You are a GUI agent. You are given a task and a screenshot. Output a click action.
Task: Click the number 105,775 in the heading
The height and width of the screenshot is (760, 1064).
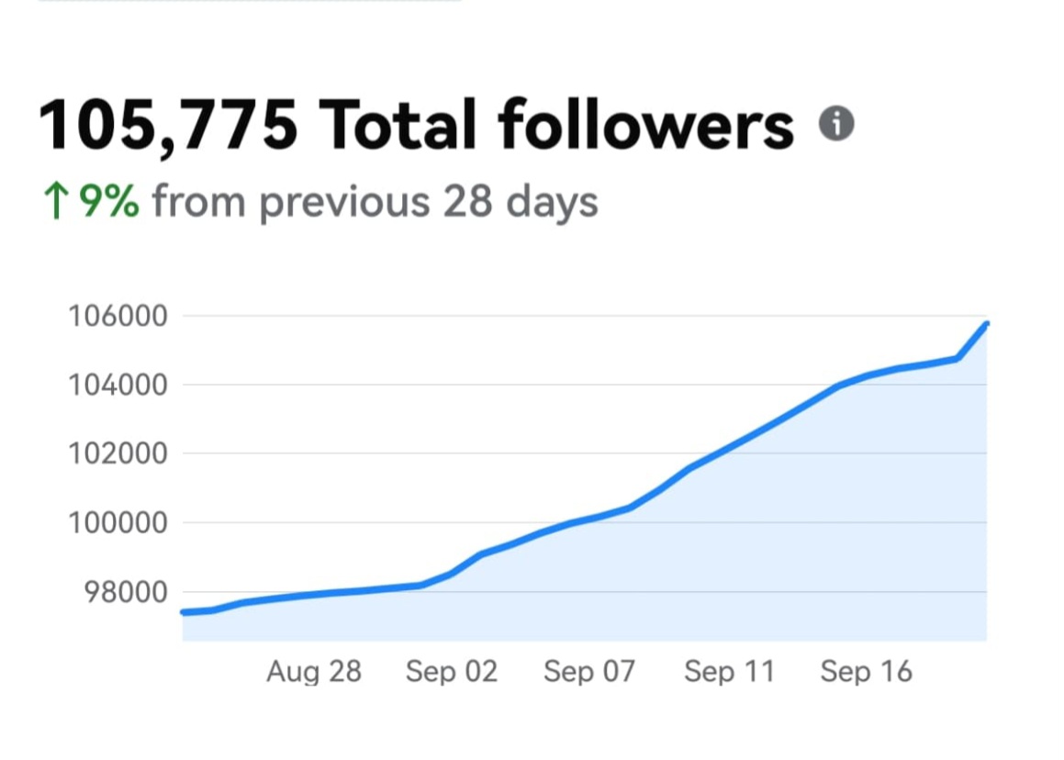click(x=168, y=125)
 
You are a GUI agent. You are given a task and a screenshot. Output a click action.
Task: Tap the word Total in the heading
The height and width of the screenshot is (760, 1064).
click(x=397, y=125)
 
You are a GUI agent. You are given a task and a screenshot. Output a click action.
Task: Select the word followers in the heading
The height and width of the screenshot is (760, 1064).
click(x=646, y=125)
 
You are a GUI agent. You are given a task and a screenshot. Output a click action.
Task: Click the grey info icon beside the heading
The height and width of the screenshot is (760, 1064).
click(x=836, y=123)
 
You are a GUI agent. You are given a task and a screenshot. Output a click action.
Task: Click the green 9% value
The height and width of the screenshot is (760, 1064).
click(x=108, y=201)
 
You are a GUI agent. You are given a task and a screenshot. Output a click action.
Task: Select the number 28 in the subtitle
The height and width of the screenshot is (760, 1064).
click(x=468, y=201)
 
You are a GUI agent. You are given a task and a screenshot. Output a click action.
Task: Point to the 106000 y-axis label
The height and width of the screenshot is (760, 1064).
click(x=118, y=317)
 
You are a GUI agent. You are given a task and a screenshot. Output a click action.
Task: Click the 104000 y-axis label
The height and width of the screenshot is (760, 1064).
click(x=118, y=386)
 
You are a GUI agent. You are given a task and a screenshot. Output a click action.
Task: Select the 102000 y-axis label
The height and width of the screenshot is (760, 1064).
click(x=118, y=454)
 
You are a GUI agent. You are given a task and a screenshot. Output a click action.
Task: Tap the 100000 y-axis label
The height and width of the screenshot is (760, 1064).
click(x=118, y=523)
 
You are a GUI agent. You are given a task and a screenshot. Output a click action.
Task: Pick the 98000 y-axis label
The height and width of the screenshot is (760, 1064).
click(x=125, y=592)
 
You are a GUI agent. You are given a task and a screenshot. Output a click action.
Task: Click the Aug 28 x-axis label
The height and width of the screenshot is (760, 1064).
click(x=314, y=672)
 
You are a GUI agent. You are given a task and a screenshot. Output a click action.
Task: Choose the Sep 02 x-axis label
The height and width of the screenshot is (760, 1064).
click(x=452, y=672)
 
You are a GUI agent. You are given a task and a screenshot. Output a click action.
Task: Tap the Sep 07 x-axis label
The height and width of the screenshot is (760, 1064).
click(x=589, y=672)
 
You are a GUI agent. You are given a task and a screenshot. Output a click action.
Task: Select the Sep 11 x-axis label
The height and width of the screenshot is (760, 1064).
click(x=729, y=672)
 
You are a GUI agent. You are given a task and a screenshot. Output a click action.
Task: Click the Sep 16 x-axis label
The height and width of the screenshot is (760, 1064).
click(x=867, y=672)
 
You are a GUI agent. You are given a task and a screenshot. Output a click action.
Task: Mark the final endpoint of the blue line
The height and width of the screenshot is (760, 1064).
click(x=986, y=324)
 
